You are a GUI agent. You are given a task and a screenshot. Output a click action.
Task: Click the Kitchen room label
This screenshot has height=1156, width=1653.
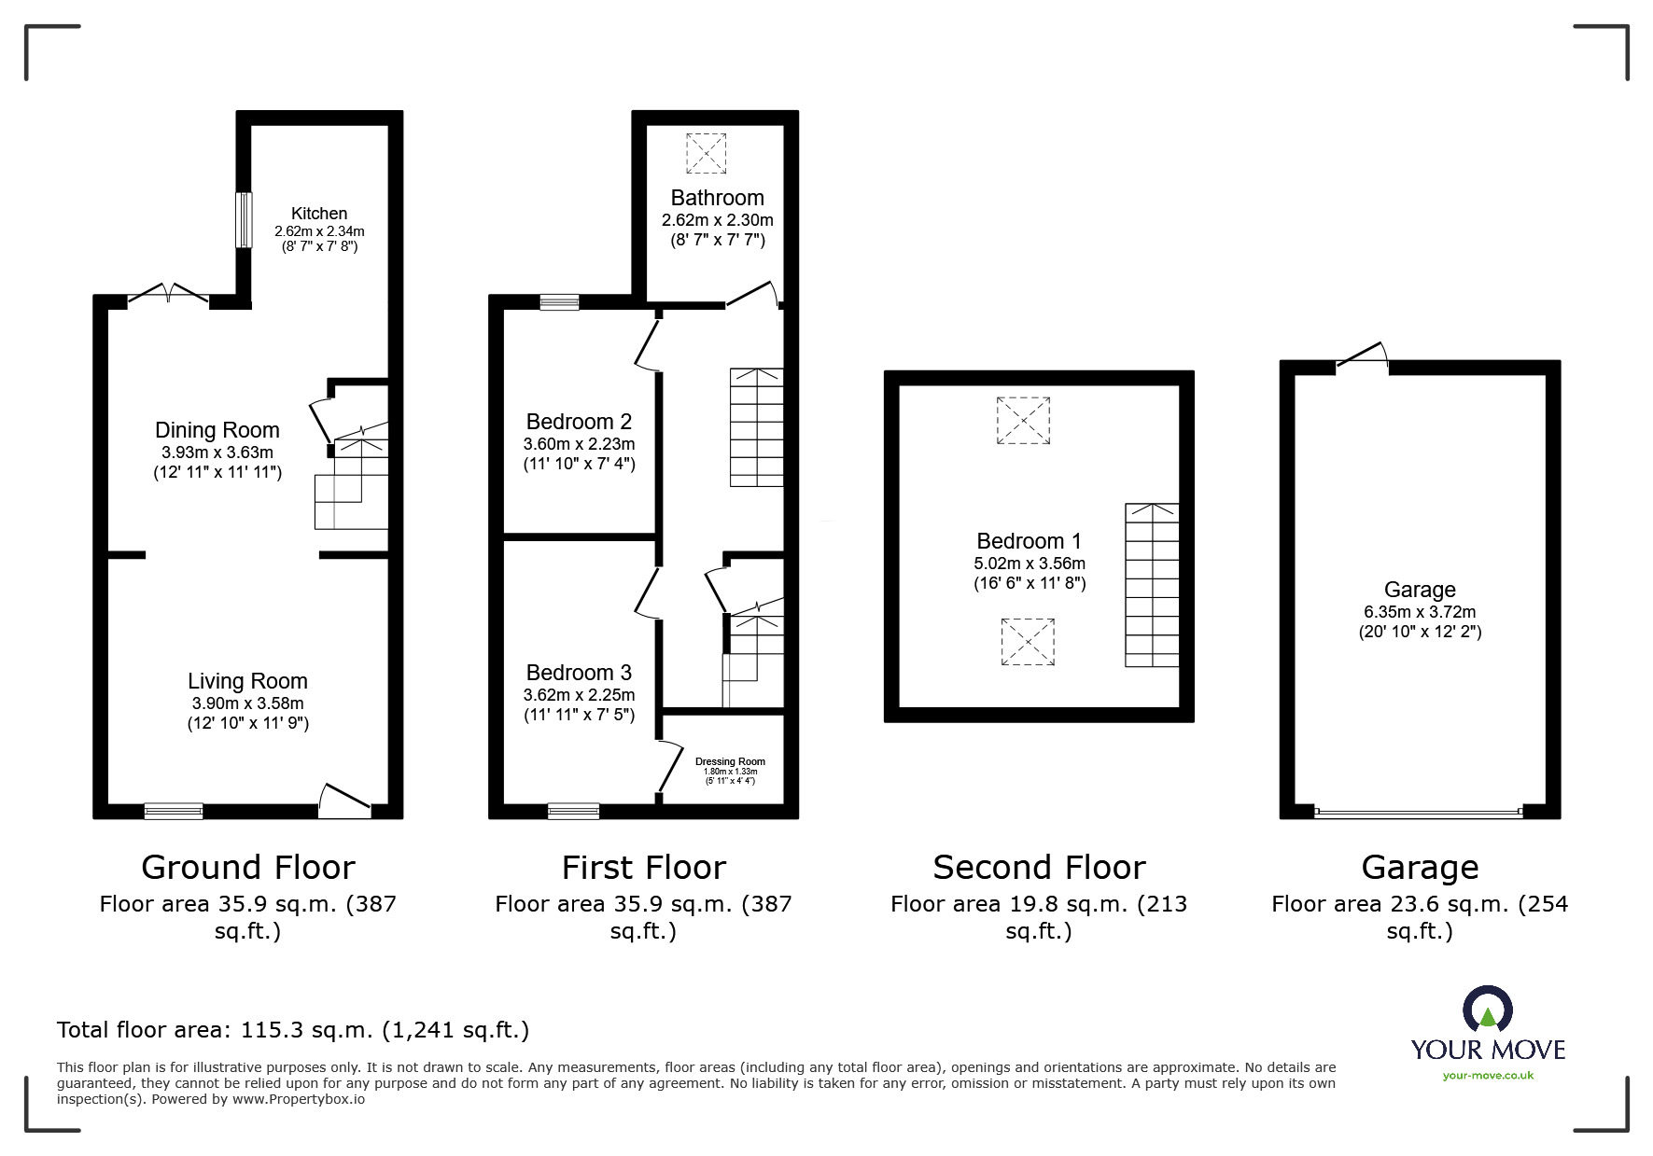click(x=318, y=214)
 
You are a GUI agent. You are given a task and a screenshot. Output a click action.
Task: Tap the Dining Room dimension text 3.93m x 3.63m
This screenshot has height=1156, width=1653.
click(x=217, y=453)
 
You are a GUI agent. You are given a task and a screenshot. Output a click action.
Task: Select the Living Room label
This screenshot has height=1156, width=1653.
click(x=247, y=681)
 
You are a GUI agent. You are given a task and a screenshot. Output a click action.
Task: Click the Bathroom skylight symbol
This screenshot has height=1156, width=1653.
click(x=707, y=153)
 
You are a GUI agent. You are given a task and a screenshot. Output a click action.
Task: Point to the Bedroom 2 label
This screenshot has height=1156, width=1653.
click(x=579, y=422)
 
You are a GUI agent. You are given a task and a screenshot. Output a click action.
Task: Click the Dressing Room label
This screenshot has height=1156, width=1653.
click(x=730, y=761)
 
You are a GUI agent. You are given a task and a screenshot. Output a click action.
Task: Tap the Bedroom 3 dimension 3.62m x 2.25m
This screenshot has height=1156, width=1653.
click(x=579, y=695)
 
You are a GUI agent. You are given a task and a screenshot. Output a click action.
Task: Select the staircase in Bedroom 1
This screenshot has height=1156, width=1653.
click(x=1152, y=585)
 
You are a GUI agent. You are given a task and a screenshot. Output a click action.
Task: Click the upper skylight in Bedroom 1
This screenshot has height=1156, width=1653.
click(x=1023, y=421)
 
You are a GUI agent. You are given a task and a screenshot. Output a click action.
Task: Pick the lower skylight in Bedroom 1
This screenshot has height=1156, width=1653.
click(x=1028, y=642)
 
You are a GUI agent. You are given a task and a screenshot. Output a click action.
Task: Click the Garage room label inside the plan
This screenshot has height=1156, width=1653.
click(x=1420, y=590)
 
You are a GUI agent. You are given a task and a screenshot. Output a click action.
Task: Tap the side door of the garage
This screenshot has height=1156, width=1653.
click(x=1363, y=358)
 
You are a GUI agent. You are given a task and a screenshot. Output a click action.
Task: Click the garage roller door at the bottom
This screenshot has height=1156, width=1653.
click(x=1419, y=813)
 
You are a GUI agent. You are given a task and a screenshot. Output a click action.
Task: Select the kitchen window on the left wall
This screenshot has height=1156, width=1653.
click(x=244, y=220)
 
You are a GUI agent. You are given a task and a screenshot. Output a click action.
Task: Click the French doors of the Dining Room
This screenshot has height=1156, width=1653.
click(x=168, y=295)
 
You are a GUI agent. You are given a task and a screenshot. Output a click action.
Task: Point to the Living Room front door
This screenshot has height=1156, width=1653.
click(x=344, y=802)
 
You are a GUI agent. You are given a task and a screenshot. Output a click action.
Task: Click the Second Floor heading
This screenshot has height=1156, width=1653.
click(x=1039, y=868)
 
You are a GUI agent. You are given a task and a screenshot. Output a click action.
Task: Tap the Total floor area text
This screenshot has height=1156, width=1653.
click(x=293, y=1030)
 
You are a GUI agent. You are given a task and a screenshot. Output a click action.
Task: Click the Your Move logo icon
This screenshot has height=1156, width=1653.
click(x=1487, y=1010)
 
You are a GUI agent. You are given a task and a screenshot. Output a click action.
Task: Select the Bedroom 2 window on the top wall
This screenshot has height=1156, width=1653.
click(x=559, y=301)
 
